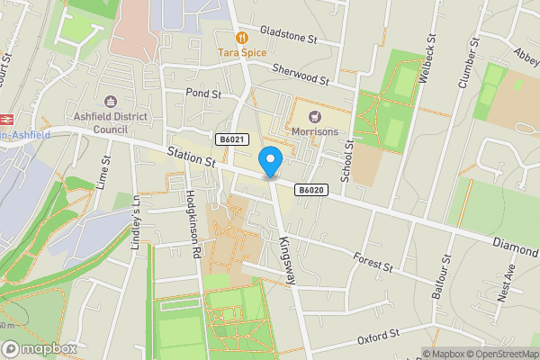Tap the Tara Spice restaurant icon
tap(241, 38)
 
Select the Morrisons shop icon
tap(315, 116)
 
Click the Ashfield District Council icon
tap(112, 102)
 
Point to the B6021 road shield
tap(232, 139)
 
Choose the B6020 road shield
tap(310, 190)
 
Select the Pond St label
tap(203, 93)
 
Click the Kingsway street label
tap(287, 262)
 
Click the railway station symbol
tap(4, 117)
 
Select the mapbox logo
tap(40, 348)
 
